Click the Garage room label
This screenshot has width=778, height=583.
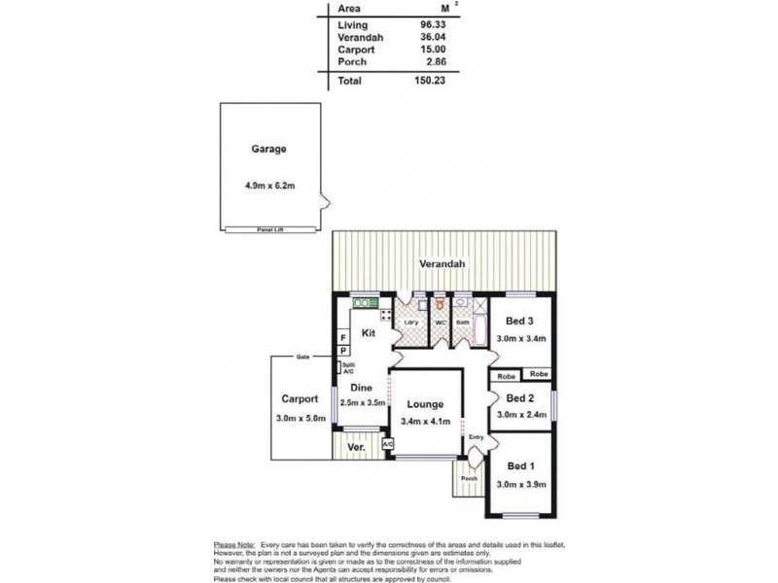pos(268,150)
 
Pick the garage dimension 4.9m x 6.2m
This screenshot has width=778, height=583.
pos(269,185)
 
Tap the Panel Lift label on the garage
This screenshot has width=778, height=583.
pos(269,229)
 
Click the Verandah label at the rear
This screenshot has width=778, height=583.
pos(442,264)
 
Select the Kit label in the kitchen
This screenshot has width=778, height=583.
pos(369,333)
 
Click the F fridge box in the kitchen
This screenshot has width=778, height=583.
pos(343,337)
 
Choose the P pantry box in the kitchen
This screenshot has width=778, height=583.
pos(343,350)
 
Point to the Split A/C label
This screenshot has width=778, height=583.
pos(347,367)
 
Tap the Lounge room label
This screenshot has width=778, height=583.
pos(426,404)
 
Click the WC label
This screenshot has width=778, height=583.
pos(440,323)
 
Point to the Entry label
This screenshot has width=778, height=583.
pos(476,436)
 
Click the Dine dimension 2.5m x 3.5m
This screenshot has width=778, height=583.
pos(362,401)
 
